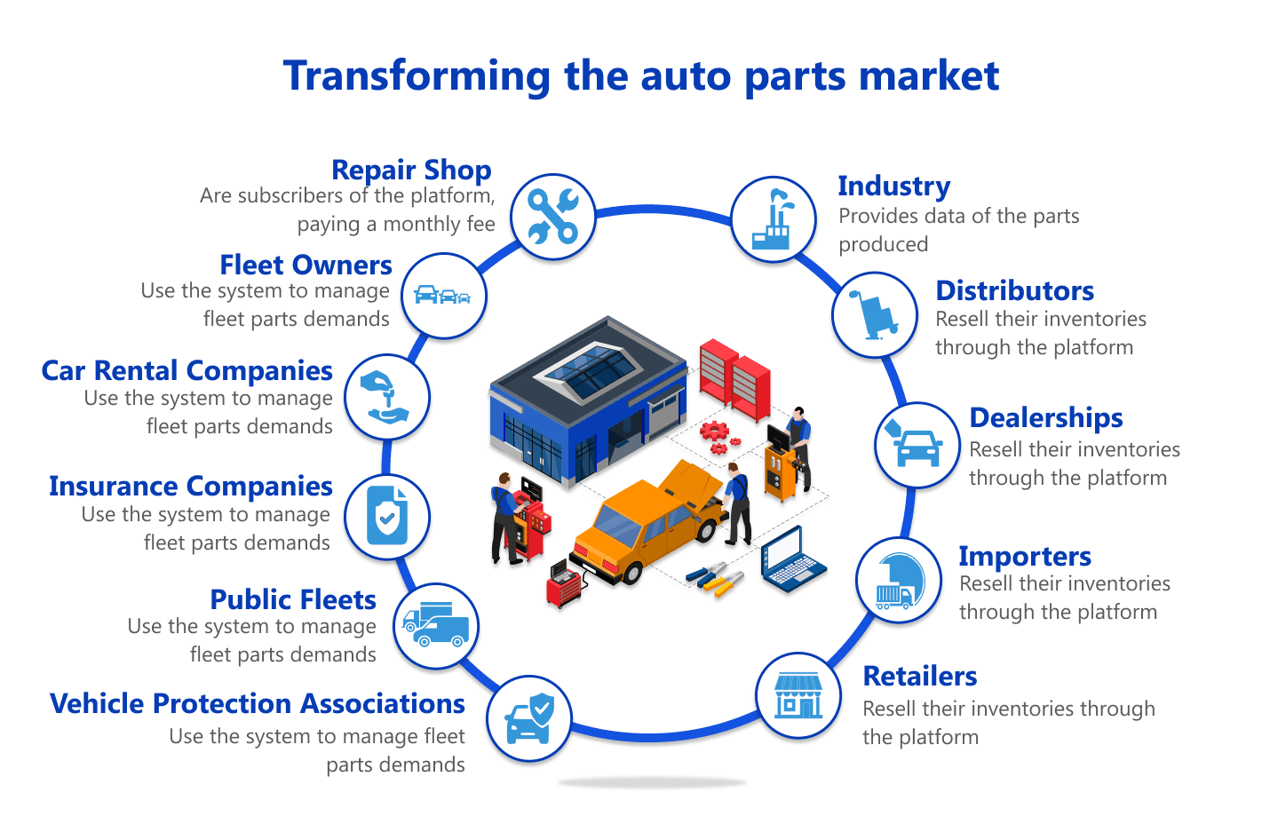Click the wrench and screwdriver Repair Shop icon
(x=552, y=217)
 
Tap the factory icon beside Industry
(x=773, y=219)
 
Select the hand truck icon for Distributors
(x=874, y=315)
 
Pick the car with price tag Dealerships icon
(x=917, y=445)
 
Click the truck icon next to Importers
(x=898, y=581)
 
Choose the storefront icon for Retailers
(x=798, y=696)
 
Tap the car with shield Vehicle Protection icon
(x=529, y=718)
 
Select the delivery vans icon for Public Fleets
(x=435, y=626)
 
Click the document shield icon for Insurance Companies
(x=387, y=517)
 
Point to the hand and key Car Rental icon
(x=386, y=396)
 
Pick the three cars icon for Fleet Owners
(x=442, y=296)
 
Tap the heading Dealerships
(x=1045, y=417)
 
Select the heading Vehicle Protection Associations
(x=258, y=703)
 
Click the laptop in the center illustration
(x=792, y=560)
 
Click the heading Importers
(x=1024, y=556)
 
